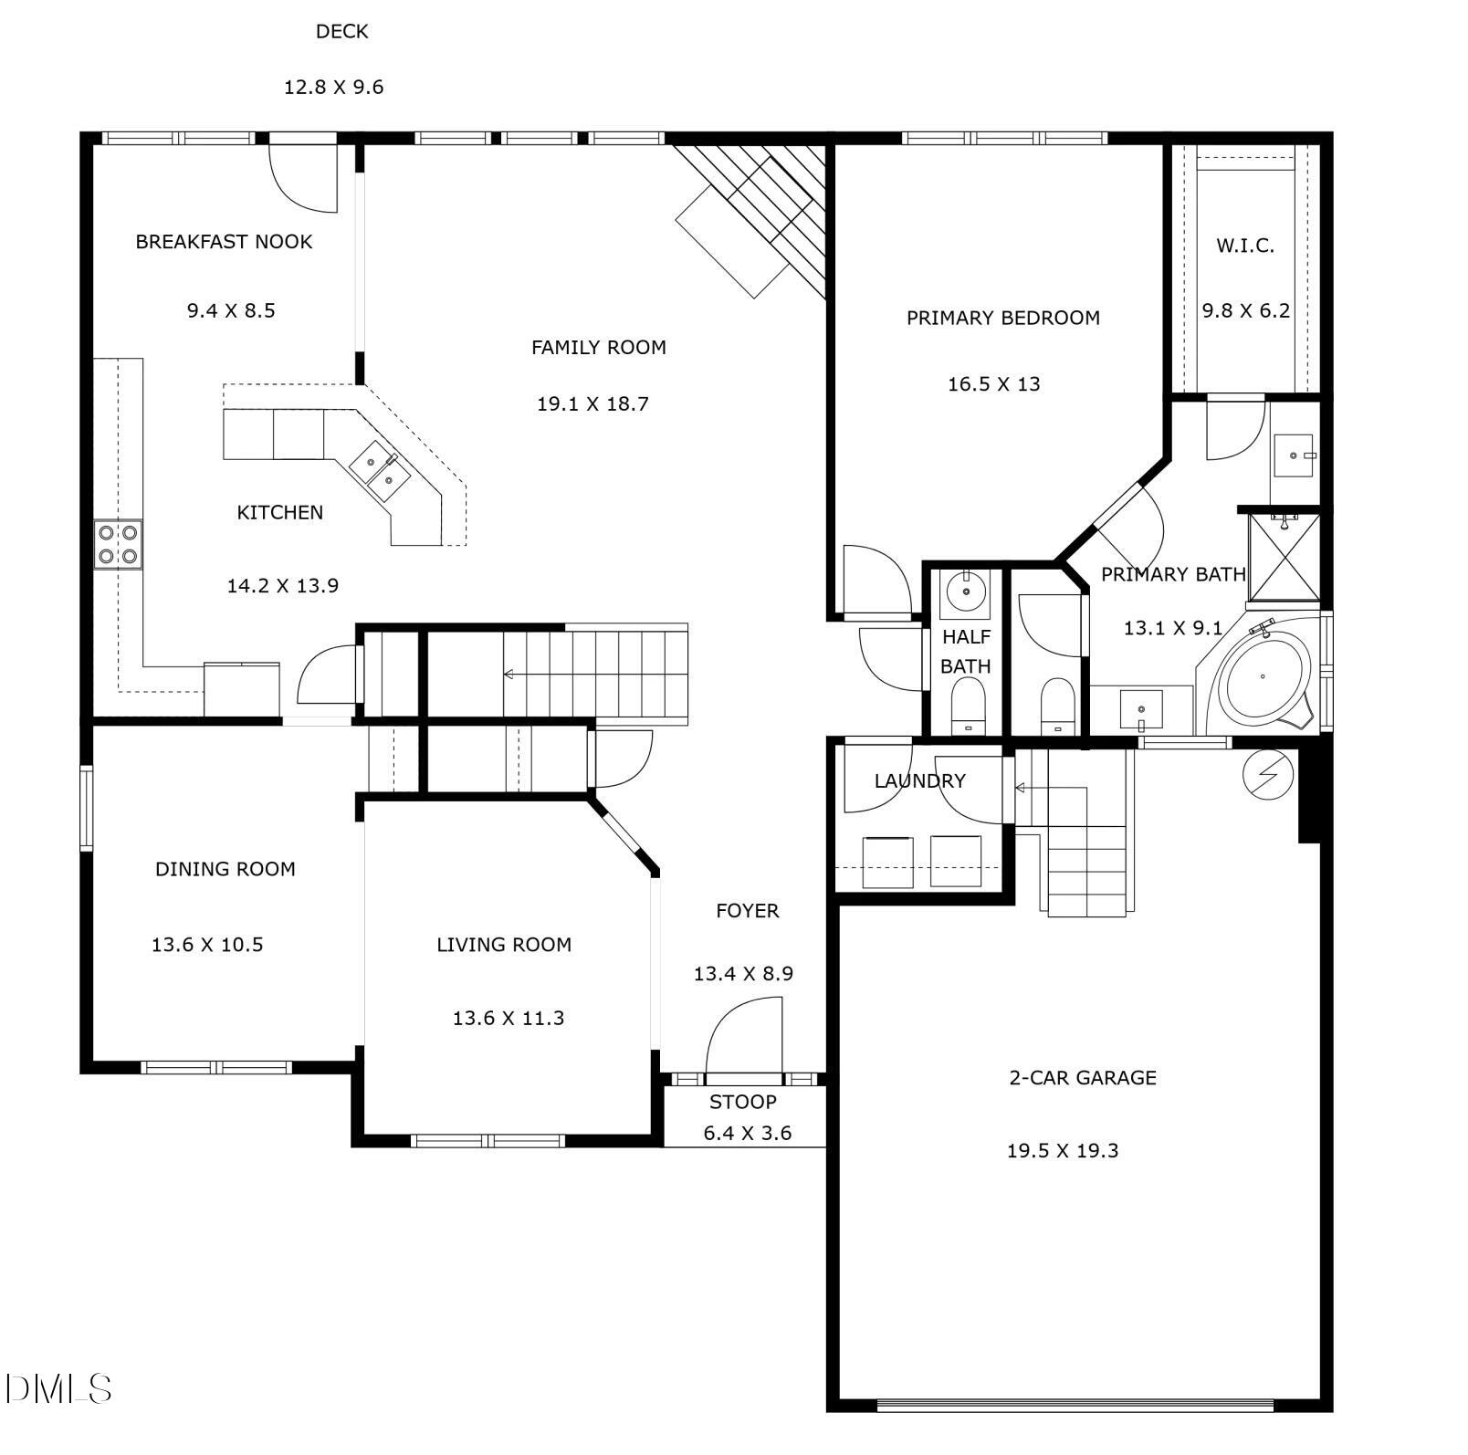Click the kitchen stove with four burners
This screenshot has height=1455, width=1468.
[x=119, y=544]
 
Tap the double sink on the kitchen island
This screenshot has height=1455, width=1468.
[x=380, y=469]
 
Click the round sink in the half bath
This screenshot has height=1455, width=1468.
[x=965, y=591]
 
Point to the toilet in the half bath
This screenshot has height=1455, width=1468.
[x=968, y=708]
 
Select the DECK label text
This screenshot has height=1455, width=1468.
[x=341, y=32]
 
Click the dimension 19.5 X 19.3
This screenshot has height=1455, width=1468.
[x=1063, y=1151]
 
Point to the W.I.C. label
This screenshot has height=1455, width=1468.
[x=1245, y=246]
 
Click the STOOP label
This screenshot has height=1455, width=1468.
[x=743, y=1102]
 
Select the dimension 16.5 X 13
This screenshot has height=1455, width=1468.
[x=993, y=384]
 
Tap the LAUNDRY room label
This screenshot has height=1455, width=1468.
[x=919, y=781]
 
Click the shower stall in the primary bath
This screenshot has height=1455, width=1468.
[x=1284, y=558]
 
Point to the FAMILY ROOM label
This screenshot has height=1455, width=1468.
[x=598, y=348]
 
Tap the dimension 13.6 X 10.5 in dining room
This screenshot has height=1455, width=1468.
[x=207, y=945]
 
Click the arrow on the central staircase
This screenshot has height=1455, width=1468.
[x=509, y=675]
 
